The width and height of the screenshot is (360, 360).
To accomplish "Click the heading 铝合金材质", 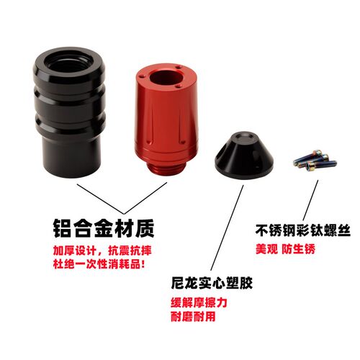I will [x=102, y=230].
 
